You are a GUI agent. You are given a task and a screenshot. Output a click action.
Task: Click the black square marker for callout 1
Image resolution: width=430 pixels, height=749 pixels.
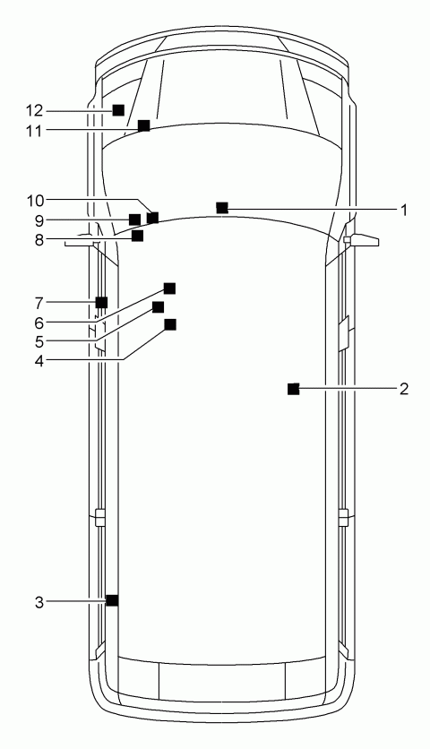coord(221,208)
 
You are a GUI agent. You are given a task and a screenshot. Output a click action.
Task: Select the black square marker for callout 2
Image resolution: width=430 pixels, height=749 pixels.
coord(293,389)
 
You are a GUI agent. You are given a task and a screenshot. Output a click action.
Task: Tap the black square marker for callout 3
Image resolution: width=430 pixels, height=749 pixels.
coord(112,600)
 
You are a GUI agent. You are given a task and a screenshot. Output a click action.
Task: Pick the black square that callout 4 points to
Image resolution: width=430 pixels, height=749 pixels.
coord(170,325)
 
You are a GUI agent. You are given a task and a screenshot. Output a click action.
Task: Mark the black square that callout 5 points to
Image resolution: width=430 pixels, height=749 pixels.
coord(159,307)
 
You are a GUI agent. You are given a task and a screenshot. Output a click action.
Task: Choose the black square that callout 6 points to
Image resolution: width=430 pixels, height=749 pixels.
coord(169,288)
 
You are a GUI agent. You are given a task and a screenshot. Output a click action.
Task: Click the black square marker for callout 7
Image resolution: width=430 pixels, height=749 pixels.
coord(101,302)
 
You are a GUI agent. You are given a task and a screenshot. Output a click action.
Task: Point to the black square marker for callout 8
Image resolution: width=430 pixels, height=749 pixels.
coord(138,236)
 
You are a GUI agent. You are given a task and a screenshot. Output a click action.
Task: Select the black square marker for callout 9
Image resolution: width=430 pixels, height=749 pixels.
coord(135,220)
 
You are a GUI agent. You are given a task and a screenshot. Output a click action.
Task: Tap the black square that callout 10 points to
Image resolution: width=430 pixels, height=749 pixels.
coord(153,219)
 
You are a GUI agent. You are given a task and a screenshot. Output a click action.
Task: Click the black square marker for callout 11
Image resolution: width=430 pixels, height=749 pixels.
coord(144,125)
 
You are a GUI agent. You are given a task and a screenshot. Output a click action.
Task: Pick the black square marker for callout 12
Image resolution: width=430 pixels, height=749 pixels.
coord(118,110)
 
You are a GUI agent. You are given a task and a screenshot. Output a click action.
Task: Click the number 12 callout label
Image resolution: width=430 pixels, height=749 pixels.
coord(34,111)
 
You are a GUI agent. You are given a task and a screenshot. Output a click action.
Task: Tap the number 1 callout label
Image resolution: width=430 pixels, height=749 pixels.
coord(404,210)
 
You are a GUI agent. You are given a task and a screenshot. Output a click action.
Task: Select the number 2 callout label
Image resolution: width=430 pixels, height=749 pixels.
coord(404,389)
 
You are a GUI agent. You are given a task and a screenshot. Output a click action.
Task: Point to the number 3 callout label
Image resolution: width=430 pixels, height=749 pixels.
coord(39,602)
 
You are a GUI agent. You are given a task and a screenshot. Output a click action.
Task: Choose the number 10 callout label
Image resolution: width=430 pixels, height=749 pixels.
coord(34,201)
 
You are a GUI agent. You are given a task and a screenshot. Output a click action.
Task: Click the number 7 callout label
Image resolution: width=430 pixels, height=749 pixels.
coord(39,304)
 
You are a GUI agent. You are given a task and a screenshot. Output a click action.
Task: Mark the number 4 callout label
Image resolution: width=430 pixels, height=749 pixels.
coord(39,361)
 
